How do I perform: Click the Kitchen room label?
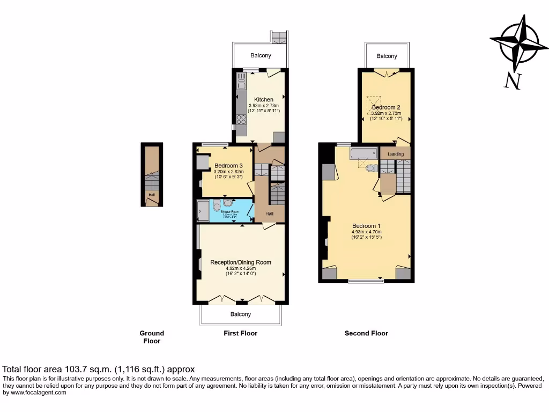(264, 99)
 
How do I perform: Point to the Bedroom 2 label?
(387, 107)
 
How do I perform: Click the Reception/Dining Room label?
(241, 262)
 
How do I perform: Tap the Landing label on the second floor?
(396, 154)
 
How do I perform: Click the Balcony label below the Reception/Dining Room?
(241, 314)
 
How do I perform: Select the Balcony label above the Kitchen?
(261, 55)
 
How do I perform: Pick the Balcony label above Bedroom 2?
(387, 56)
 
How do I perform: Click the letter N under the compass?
(513, 82)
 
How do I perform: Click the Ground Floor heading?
(152, 337)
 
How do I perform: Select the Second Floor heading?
(366, 333)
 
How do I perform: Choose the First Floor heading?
(240, 333)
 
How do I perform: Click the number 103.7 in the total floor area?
(75, 369)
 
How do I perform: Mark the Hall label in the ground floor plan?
(152, 195)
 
